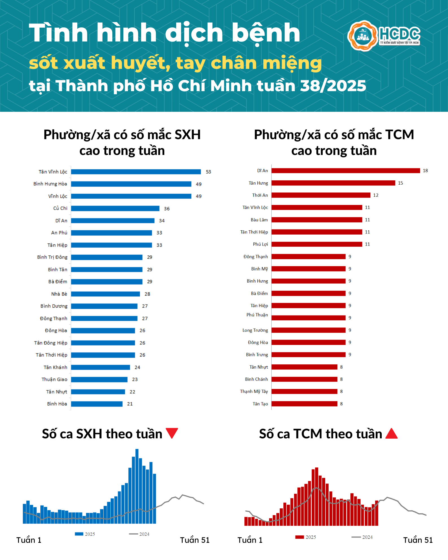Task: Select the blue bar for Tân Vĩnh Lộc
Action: [136, 172]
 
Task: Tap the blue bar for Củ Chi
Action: [115, 208]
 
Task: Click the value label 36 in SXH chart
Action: [167, 209]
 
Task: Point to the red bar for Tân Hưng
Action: [333, 183]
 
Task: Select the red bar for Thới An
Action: [321, 195]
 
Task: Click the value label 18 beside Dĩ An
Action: [425, 170]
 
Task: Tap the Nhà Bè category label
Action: [59, 294]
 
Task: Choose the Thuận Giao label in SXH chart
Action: [54, 379]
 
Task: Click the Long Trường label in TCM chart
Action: [255, 330]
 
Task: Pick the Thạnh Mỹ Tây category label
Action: [254, 391]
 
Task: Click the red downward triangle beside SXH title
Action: [172, 433]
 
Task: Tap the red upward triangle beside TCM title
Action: [391, 434]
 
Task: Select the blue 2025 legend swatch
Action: [79, 534]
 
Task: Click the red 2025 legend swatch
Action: [300, 537]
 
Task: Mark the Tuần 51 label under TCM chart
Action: [418, 540]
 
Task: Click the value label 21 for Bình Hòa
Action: [130, 404]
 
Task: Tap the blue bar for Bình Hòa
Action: [97, 404]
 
